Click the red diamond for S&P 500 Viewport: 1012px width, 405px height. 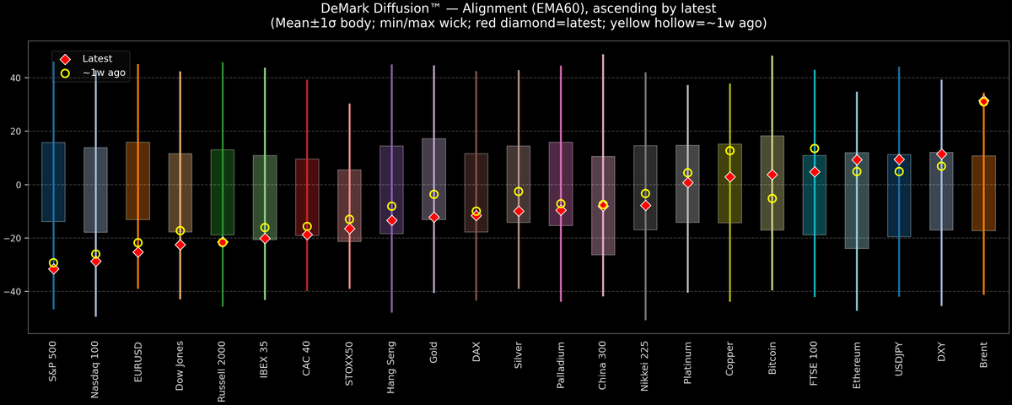pyautogui.click(x=53, y=268)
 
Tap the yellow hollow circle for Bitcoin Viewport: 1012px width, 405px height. pyautogui.click(x=772, y=198)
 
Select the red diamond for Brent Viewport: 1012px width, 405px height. pyautogui.click(x=983, y=101)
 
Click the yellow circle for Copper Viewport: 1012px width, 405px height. pyautogui.click(x=730, y=150)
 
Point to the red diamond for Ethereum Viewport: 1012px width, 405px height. pyautogui.click(x=857, y=159)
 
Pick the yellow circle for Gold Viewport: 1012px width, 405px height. pyautogui.click(x=434, y=194)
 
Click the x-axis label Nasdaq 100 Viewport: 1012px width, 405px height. pyautogui.click(x=95, y=369)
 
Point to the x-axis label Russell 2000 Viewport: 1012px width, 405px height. pyautogui.click(x=223, y=372)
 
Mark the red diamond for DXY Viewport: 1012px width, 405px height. pyautogui.click(x=941, y=154)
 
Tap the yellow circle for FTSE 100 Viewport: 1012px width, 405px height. pyautogui.click(x=815, y=148)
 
